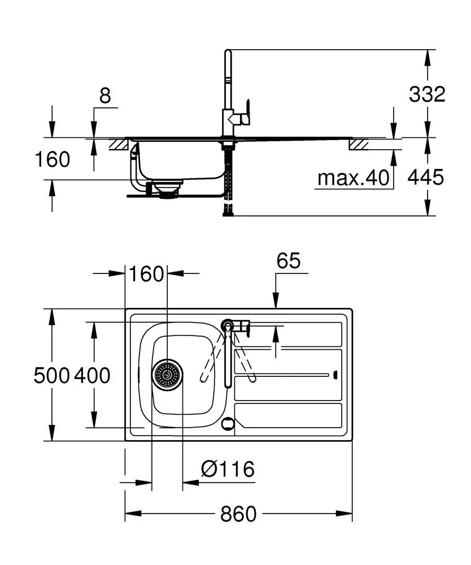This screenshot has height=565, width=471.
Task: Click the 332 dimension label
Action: point(427,95)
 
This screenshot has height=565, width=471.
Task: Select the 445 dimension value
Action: point(426,178)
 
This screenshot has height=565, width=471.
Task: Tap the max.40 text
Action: point(354,179)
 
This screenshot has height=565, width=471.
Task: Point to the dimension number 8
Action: point(105,96)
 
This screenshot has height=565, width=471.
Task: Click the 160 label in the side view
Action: point(53,160)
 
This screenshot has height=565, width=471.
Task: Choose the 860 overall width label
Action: point(238,514)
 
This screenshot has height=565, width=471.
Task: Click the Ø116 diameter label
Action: point(228,468)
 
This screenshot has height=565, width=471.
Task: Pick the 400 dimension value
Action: point(91,375)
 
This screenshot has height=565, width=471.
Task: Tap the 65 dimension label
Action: point(289,261)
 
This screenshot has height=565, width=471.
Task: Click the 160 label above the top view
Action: point(146,274)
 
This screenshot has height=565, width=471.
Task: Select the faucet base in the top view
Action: point(227,325)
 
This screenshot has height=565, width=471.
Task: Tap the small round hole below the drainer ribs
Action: point(228,423)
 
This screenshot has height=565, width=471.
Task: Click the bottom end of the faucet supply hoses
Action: point(228,213)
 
